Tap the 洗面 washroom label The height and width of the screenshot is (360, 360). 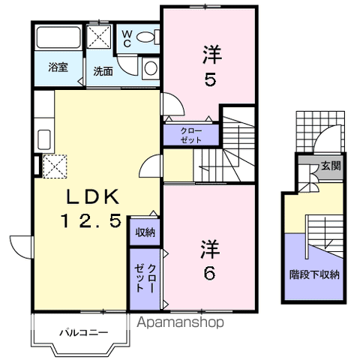[x=103, y=72]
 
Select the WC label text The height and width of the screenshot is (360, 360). [x=126, y=37]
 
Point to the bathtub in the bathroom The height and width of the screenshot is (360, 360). [x=58, y=37]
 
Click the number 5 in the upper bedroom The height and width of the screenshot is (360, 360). [x=211, y=78]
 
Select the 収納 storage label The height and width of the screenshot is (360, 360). [x=145, y=232]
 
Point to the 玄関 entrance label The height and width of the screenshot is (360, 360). [x=331, y=166]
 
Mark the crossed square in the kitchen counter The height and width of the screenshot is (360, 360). [x=55, y=165]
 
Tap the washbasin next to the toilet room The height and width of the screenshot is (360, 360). [x=150, y=68]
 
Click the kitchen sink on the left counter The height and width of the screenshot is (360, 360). [x=43, y=139]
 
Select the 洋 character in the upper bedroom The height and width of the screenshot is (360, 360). [x=211, y=54]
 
